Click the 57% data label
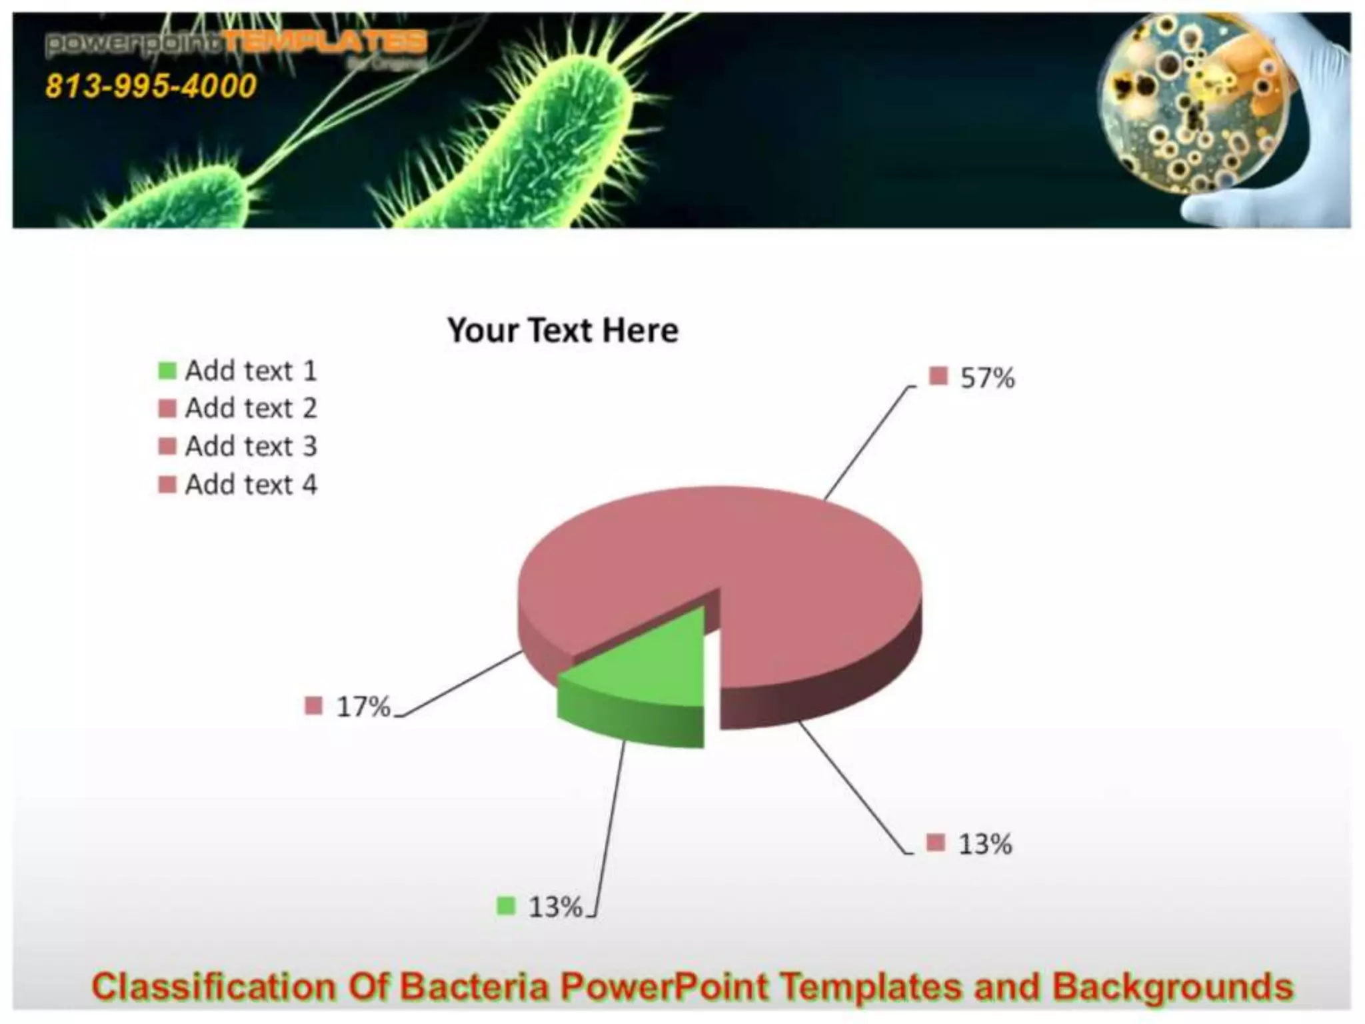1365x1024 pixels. tap(986, 378)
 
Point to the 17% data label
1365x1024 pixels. tap(363, 707)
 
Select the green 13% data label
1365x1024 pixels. tap(555, 907)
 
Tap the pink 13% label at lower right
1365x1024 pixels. tap(984, 844)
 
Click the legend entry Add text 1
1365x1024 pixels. tap(251, 371)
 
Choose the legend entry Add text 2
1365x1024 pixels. tap(251, 408)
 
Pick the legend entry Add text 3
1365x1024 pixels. tap(251, 446)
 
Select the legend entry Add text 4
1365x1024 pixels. tap(251, 485)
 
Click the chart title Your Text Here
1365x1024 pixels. tap(563, 330)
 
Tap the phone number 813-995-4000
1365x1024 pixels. tap(151, 86)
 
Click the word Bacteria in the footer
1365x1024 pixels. tap(474, 987)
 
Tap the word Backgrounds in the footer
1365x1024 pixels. tap(1173, 987)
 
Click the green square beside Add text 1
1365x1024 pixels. tap(167, 371)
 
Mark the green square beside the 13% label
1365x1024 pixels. tap(506, 906)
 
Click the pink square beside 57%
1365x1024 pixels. tap(938, 376)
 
